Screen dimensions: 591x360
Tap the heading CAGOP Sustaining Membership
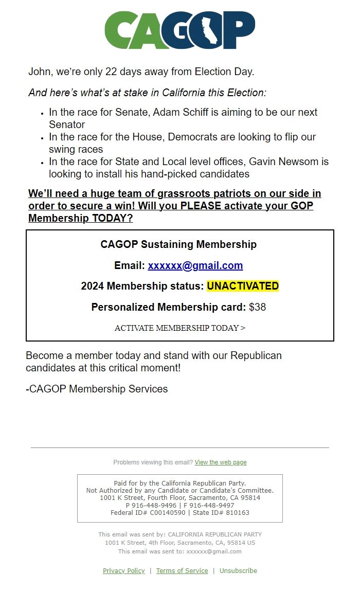[178, 244]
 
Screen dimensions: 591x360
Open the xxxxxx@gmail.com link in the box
[195, 266]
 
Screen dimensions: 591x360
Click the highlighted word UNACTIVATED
[243, 286]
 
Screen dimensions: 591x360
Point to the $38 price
[257, 307]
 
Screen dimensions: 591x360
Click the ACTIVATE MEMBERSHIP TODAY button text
[180, 328]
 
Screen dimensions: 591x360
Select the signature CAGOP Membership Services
[97, 389]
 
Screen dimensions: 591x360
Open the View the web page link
[221, 462]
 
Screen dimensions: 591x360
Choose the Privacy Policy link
[124, 570]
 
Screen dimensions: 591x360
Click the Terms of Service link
[182, 570]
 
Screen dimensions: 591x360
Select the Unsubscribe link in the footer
[238, 570]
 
